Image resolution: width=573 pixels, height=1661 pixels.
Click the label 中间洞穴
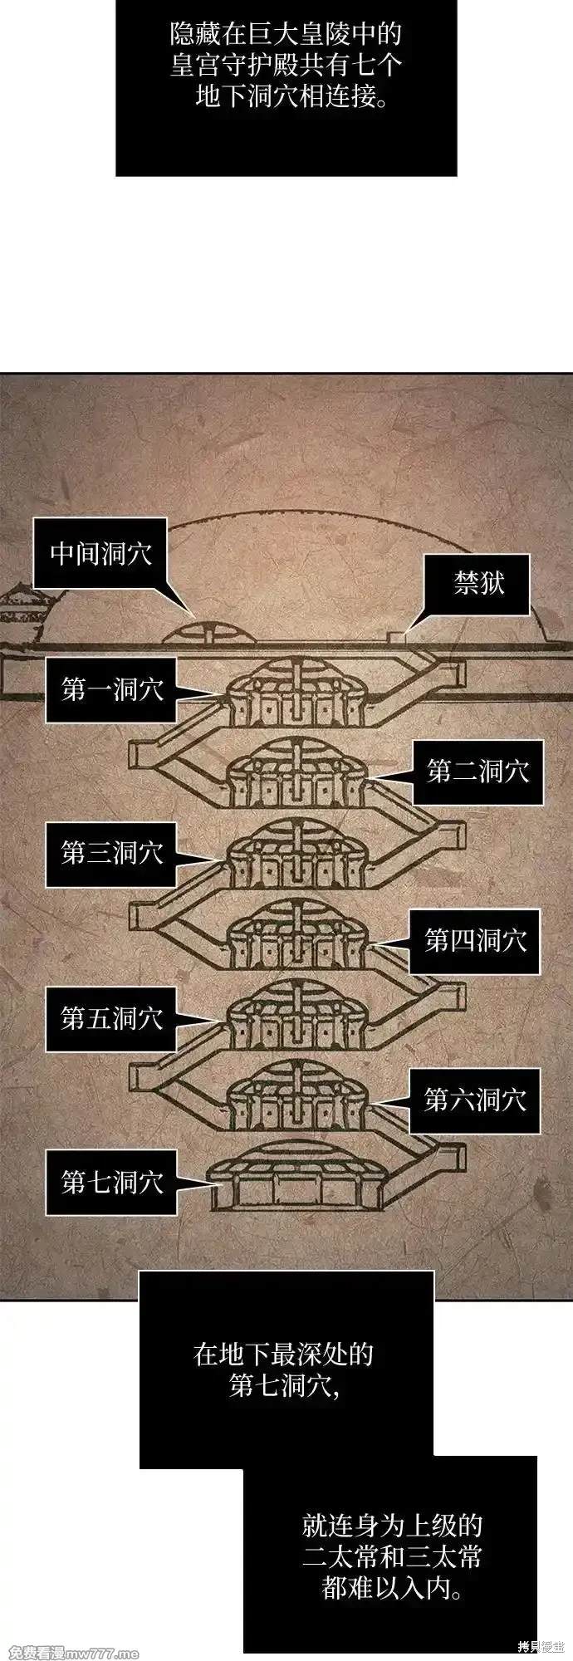click(100, 553)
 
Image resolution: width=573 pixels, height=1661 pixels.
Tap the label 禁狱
click(477, 584)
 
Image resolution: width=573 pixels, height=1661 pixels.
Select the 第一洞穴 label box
click(111, 689)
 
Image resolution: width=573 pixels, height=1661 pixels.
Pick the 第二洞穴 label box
click(477, 772)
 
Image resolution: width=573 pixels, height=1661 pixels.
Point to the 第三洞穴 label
click(111, 853)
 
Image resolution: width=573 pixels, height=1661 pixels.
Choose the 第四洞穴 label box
click(475, 941)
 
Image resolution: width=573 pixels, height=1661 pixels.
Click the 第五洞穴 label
click(111, 1018)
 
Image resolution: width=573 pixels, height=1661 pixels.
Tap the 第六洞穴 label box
click(475, 1100)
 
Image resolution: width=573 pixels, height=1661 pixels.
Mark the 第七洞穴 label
click(111, 1182)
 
